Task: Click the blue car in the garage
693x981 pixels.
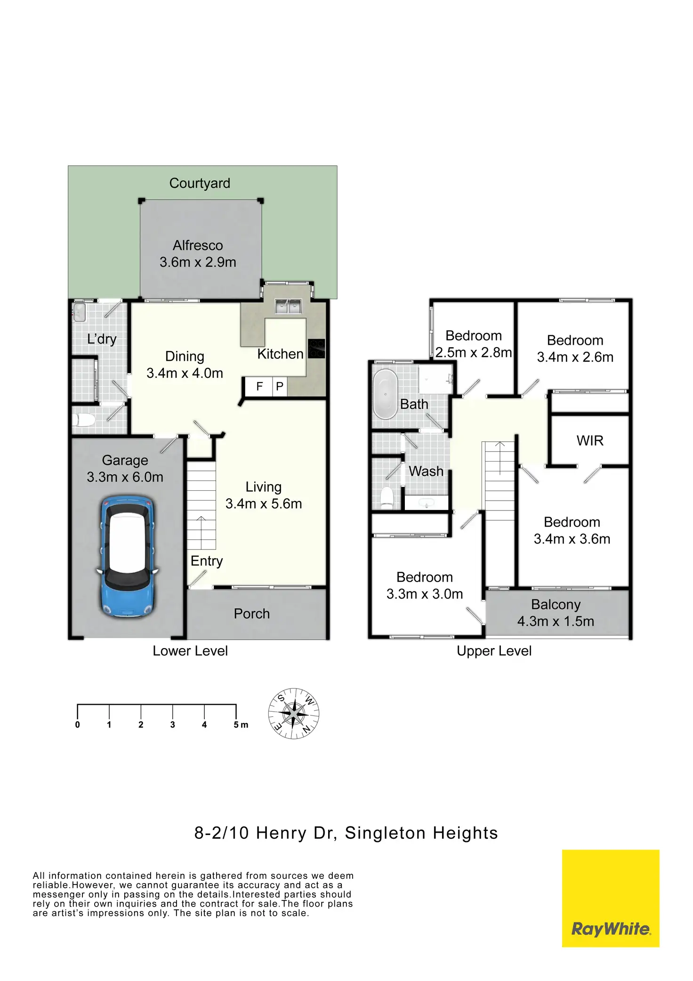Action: pyautogui.click(x=127, y=556)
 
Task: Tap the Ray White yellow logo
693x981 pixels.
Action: pyautogui.click(x=611, y=898)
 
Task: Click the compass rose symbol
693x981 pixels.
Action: pyautogui.click(x=294, y=713)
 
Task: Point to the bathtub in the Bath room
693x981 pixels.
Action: pyautogui.click(x=386, y=394)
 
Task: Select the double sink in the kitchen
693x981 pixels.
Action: pyautogui.click(x=288, y=307)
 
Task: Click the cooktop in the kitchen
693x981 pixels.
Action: pyautogui.click(x=316, y=349)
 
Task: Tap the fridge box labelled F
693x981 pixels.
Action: pyautogui.click(x=259, y=387)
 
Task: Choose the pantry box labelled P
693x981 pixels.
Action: pyautogui.click(x=280, y=387)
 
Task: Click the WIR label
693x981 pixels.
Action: pyautogui.click(x=590, y=441)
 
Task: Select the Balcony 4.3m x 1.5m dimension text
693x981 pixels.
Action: pyautogui.click(x=556, y=621)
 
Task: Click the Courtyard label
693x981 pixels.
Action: pyautogui.click(x=200, y=183)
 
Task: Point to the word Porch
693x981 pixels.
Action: pyautogui.click(x=252, y=614)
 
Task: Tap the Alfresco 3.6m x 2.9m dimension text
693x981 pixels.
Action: pyautogui.click(x=198, y=262)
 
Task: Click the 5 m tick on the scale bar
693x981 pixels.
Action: pyautogui.click(x=236, y=712)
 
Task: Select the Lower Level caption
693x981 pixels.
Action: pyautogui.click(x=190, y=651)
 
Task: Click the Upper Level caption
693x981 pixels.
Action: pyautogui.click(x=494, y=651)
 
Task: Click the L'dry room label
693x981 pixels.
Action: pyautogui.click(x=102, y=339)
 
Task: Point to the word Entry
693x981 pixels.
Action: pyautogui.click(x=207, y=561)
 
